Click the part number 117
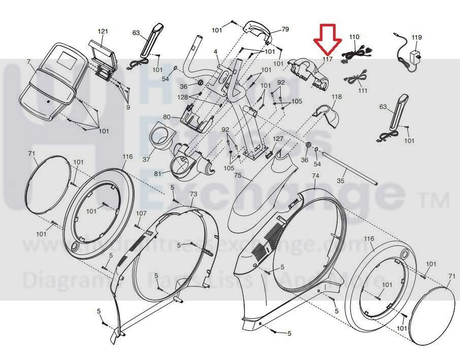[327, 60]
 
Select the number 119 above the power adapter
[417, 38]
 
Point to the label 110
[354, 37]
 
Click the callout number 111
[362, 90]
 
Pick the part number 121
[103, 31]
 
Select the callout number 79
[285, 29]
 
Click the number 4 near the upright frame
[216, 52]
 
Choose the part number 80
[167, 117]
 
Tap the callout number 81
[158, 174]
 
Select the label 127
[278, 139]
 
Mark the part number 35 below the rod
[341, 180]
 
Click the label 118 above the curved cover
[336, 96]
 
